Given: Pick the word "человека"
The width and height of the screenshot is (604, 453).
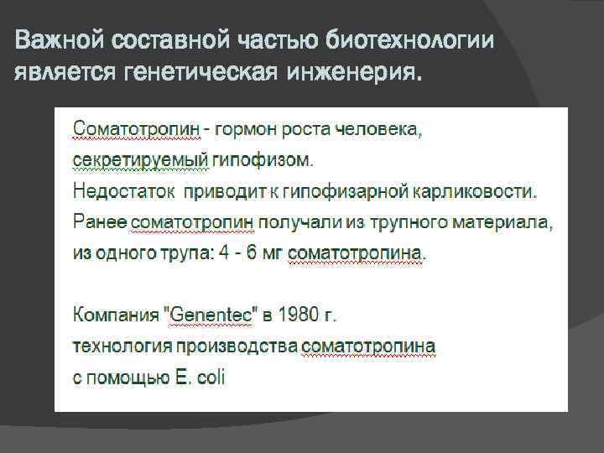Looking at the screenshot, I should click(378, 129).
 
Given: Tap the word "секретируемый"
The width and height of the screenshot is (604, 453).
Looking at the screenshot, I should click(133, 159).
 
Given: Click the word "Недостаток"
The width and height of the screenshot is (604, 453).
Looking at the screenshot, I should click(124, 190).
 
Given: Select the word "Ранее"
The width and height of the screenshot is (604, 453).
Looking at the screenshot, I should click(101, 221).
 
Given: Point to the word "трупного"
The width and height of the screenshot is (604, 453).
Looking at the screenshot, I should click(401, 221).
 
